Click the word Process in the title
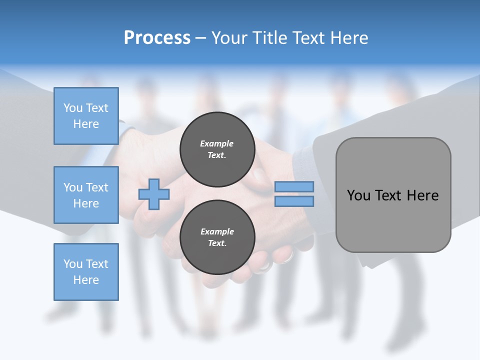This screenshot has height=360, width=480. pyautogui.click(x=157, y=38)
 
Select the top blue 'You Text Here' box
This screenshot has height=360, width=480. pyautogui.click(x=86, y=116)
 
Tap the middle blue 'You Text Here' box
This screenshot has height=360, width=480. pyautogui.click(x=86, y=195)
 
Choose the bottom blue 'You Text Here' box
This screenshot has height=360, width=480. pyautogui.click(x=86, y=272)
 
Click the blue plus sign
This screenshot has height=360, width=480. pyautogui.click(x=154, y=194)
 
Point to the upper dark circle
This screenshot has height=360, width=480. pyautogui.click(x=217, y=149)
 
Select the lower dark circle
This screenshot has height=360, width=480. pyautogui.click(x=217, y=237)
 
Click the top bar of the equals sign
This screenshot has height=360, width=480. pyautogui.click(x=294, y=187)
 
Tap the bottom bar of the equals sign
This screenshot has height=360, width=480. pyautogui.click(x=294, y=201)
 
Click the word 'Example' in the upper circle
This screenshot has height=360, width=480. pyautogui.click(x=217, y=143)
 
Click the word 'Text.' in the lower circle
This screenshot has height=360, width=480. pyautogui.click(x=217, y=243)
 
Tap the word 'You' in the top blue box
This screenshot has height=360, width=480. pyautogui.click(x=72, y=108)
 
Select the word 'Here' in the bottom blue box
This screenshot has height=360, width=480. pyautogui.click(x=86, y=280)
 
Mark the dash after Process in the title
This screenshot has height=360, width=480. pyautogui.click(x=200, y=38)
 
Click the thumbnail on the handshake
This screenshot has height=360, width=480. pyautogui.click(x=258, y=175)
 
